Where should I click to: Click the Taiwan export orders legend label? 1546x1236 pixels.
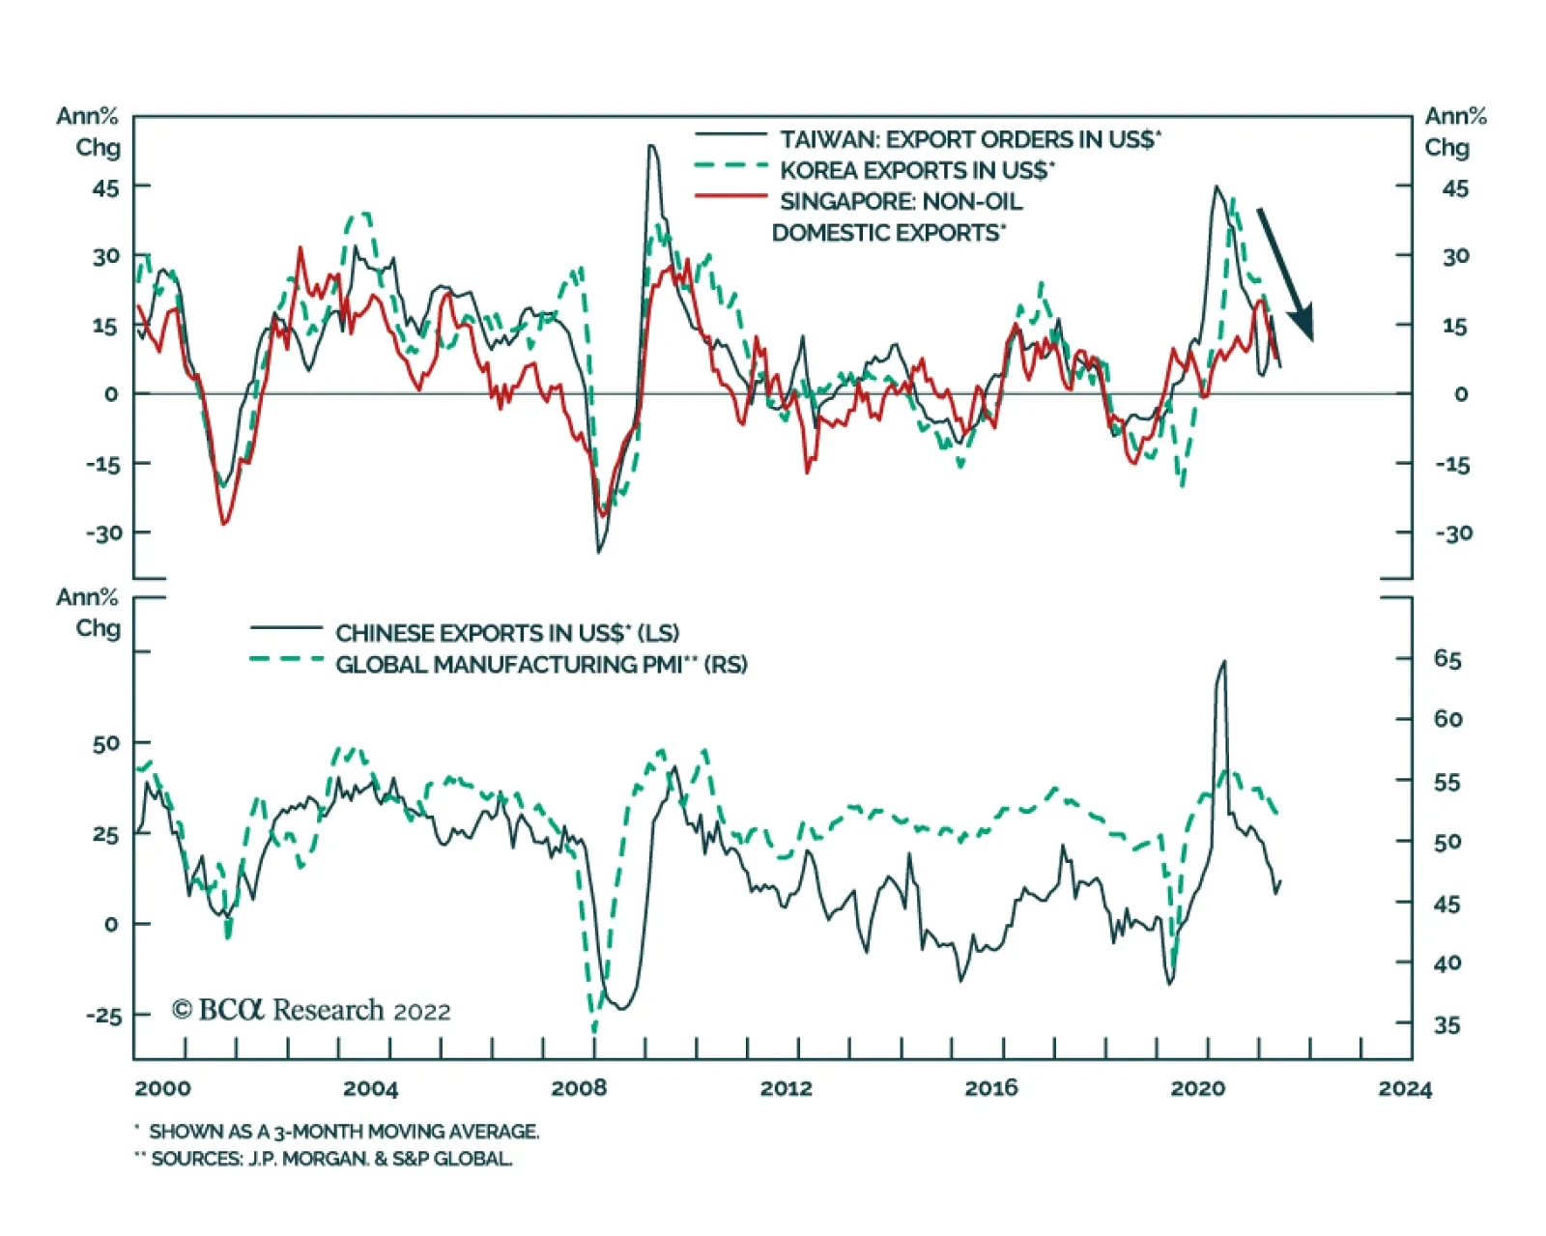click(970, 140)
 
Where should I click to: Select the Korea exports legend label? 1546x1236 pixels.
click(917, 171)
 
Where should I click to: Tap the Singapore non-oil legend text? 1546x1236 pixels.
click(900, 202)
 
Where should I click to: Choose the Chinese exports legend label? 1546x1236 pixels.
click(507, 633)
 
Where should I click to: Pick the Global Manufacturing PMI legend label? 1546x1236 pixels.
click(541, 665)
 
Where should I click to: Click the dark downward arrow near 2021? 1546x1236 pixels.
click(1286, 273)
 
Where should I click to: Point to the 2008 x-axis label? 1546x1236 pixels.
click(579, 1088)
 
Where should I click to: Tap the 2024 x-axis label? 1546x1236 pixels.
click(1405, 1088)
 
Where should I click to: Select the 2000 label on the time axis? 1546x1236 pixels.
click(162, 1088)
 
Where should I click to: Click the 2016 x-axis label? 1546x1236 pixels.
click(991, 1088)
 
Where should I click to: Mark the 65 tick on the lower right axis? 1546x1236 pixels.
click(1447, 659)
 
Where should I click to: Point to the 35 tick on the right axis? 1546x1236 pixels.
click(1447, 1025)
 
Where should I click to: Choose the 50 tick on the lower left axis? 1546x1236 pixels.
click(106, 743)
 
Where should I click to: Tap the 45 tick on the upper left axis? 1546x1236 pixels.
click(105, 188)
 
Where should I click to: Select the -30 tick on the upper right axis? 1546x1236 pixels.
click(1452, 533)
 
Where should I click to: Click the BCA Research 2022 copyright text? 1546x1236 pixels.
click(311, 1010)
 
